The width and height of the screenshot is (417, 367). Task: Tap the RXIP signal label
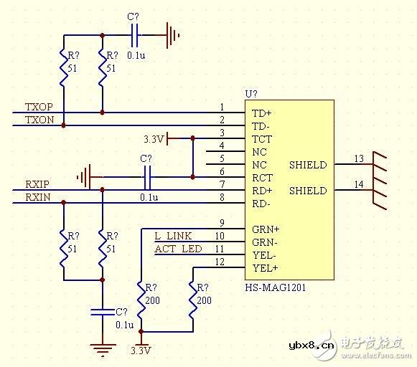click(x=37, y=184)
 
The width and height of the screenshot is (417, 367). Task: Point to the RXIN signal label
click(x=37, y=197)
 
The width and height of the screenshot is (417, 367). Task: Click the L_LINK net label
click(x=174, y=236)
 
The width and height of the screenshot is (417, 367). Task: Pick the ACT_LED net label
click(x=177, y=249)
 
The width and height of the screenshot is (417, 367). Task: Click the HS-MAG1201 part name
click(x=275, y=287)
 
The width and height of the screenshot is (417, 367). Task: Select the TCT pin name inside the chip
click(x=261, y=139)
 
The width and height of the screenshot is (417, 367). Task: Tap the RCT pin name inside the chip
click(x=262, y=178)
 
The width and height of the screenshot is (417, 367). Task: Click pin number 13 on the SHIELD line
click(x=359, y=158)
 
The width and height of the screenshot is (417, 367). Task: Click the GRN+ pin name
click(x=266, y=229)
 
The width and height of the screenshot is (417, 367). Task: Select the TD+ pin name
click(x=261, y=113)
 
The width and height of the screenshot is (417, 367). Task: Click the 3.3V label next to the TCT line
click(x=154, y=138)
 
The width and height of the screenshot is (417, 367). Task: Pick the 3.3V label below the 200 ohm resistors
click(x=141, y=351)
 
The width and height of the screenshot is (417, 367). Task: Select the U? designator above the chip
click(x=251, y=94)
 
